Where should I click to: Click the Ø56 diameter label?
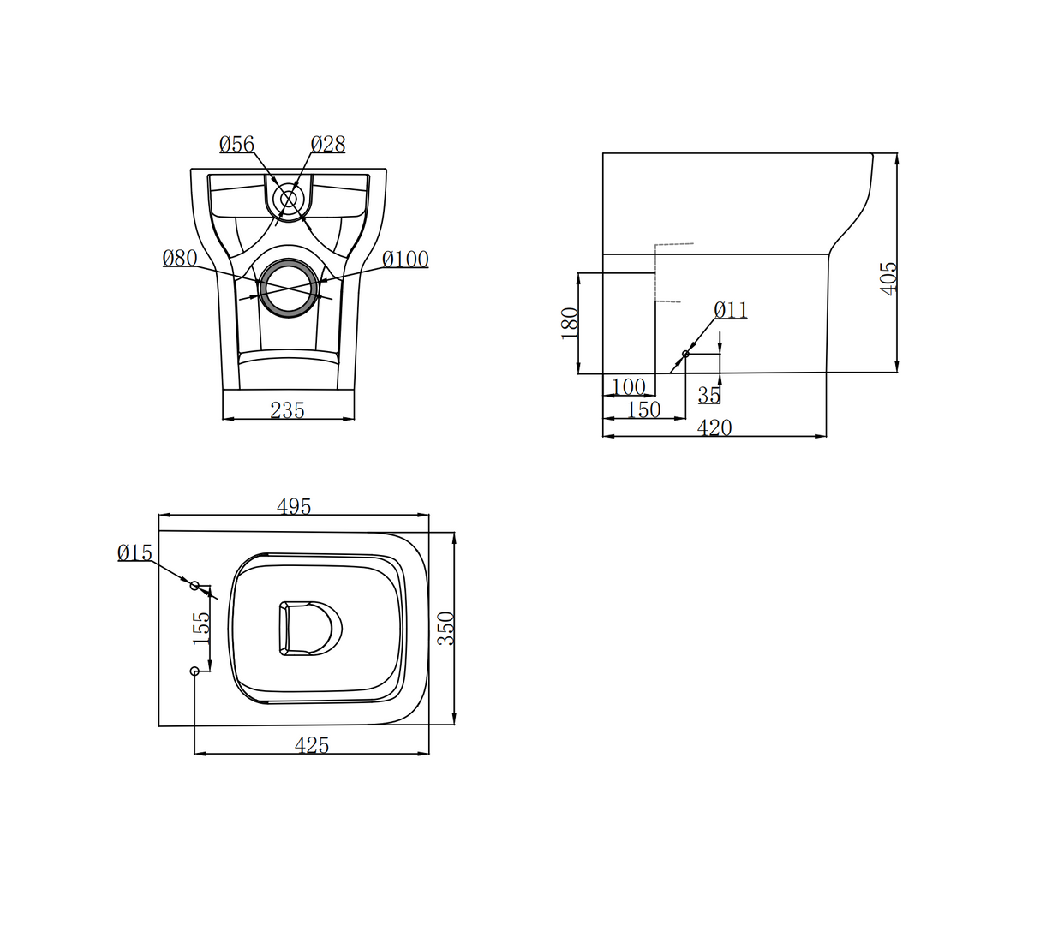pos(236,144)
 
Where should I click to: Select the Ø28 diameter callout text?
pos(328,144)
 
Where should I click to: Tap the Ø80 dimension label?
pos(180,258)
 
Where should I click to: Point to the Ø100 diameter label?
pos(405,260)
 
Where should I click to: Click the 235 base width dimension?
pos(288,410)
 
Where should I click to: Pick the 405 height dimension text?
pos(888,278)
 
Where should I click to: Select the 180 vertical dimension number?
pos(570,324)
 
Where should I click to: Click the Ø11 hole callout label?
pos(731,310)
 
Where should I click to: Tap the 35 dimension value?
pos(709,395)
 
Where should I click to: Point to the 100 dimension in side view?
pos(628,387)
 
